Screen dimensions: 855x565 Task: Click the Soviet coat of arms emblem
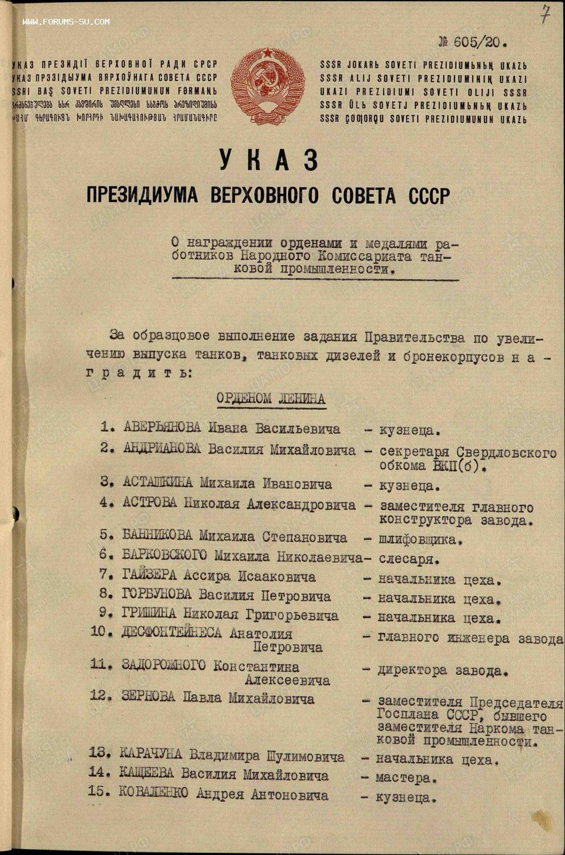267,86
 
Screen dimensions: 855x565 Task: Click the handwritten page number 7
546,14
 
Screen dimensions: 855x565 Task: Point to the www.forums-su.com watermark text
66,22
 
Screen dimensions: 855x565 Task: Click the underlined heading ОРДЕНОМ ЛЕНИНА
271,398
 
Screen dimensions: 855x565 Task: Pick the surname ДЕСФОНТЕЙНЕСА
172,633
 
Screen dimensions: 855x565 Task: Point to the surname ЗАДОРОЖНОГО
164,666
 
